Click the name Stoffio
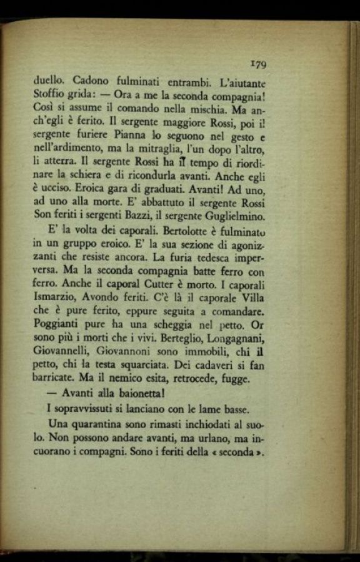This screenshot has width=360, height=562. [49, 94]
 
